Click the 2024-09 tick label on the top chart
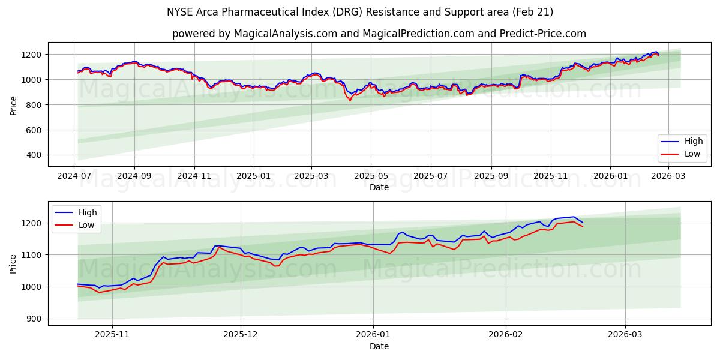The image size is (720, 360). [x=134, y=176]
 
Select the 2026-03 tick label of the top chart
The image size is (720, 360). [x=668, y=176]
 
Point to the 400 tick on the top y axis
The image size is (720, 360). [x=33, y=155]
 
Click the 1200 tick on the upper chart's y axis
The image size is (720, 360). [x=31, y=55]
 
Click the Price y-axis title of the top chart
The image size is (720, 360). [x=13, y=105]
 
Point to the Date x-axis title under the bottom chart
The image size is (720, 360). [x=379, y=346]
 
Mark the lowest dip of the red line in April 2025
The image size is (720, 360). [x=350, y=100]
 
